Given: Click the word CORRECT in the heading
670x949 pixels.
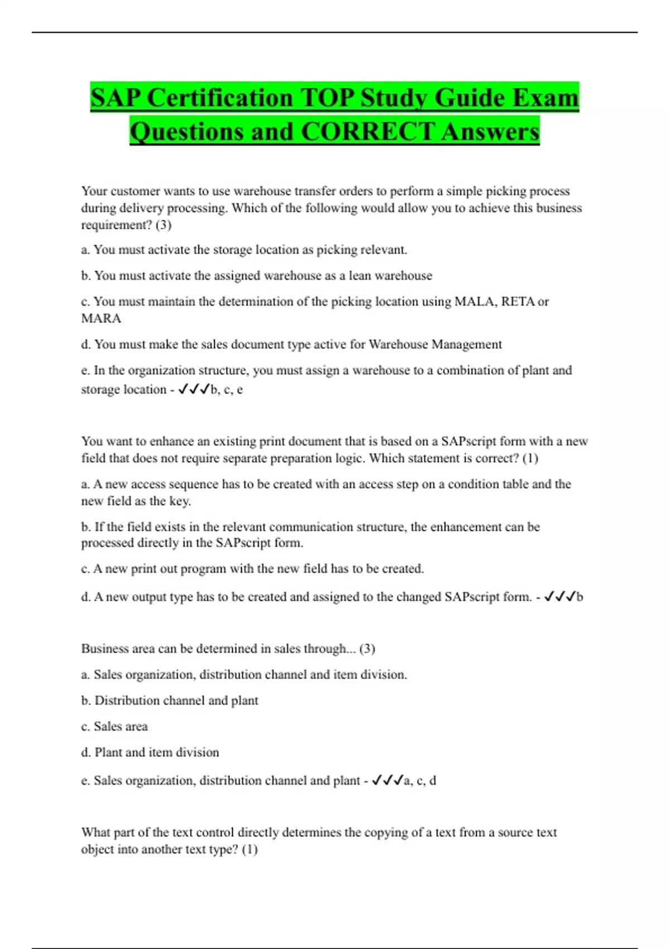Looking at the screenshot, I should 367,132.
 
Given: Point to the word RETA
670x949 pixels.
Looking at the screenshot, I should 518,301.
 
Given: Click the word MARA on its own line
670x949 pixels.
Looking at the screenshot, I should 101,318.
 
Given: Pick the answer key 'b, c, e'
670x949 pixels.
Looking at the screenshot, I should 227,390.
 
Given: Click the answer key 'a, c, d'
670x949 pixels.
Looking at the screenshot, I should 420,780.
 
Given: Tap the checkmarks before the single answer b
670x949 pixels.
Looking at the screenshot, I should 559,597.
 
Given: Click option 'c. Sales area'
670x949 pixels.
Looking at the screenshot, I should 114,726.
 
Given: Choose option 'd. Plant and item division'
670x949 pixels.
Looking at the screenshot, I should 150,753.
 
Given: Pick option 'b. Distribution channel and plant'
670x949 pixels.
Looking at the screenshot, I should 170,701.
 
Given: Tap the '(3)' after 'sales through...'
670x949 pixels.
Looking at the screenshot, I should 367,649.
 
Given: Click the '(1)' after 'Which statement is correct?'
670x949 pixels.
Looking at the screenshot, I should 530,458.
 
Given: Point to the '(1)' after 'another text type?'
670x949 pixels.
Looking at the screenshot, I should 250,850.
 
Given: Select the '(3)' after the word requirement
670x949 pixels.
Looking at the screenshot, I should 164,225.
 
